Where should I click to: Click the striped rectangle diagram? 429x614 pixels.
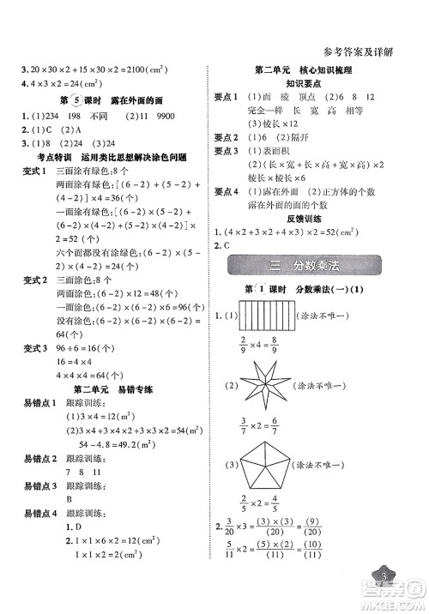point(282,317)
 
